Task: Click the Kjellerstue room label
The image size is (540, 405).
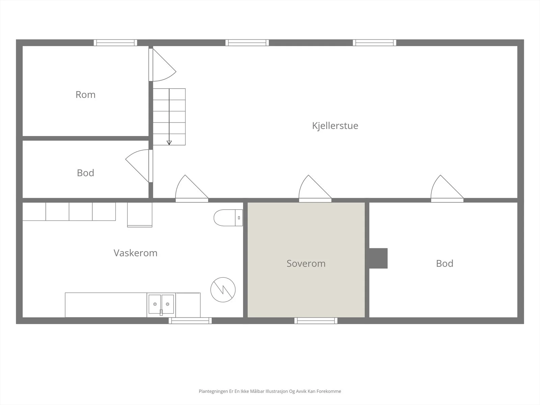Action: tap(335, 126)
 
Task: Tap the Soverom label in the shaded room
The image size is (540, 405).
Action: tap(306, 263)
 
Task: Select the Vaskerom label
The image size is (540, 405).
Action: tap(136, 253)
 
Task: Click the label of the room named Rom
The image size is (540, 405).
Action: tap(85, 95)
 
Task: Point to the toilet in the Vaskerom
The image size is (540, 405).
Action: tap(228, 218)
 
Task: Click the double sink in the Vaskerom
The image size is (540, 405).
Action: tap(161, 305)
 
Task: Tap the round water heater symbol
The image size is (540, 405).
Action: tap(223, 290)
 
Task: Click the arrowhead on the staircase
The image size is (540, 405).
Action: tap(169, 143)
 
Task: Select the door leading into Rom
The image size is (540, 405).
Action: tap(162, 65)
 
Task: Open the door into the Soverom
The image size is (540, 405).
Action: tap(315, 188)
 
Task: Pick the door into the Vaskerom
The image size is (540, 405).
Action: tap(192, 188)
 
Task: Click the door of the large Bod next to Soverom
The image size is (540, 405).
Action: tap(447, 188)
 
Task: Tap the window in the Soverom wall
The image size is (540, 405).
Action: tap(316, 321)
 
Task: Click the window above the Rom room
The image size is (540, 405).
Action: tap(115, 43)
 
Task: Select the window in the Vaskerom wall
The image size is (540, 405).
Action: tap(190, 321)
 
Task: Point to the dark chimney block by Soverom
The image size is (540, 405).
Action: tap(378, 258)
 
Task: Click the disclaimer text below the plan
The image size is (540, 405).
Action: tap(270, 391)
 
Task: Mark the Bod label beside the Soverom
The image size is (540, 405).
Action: tap(444, 263)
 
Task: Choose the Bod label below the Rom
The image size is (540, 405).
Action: tap(85, 173)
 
